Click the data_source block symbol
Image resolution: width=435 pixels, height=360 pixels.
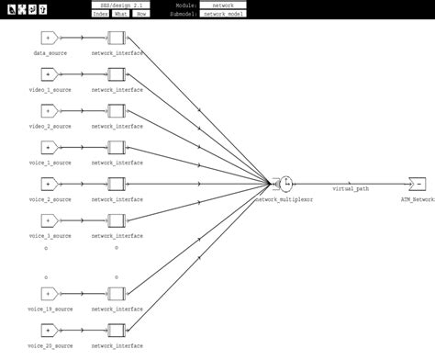coord(50,39)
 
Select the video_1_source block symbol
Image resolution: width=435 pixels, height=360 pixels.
coord(50,74)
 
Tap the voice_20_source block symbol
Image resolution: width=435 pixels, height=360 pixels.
coord(50,330)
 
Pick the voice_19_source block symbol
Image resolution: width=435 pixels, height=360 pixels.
coord(50,295)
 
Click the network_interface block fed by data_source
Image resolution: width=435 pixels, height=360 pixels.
coord(116,39)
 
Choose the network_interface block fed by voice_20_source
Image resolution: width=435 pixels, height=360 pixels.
coord(116,330)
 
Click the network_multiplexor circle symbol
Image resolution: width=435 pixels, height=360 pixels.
coord(284,183)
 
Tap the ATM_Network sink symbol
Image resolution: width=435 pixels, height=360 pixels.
coord(418,183)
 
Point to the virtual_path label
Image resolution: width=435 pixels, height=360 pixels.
coord(349,190)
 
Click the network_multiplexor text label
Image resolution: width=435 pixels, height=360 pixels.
coord(284,198)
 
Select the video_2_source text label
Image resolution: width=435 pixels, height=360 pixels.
coord(50,126)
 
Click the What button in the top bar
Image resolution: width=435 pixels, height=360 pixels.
coord(120,14)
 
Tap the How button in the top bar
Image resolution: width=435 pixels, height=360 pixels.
coord(141,14)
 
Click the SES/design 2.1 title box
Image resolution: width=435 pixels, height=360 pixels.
coord(122,6)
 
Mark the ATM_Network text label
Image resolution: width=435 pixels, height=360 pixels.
coord(418,198)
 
